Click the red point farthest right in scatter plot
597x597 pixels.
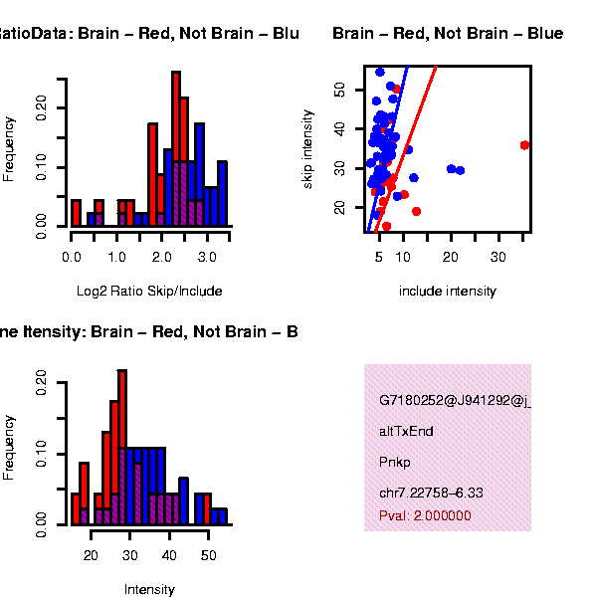525,145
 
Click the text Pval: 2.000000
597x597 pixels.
425,515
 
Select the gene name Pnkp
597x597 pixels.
395,463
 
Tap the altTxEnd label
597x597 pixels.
406,432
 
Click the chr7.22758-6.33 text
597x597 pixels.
428,493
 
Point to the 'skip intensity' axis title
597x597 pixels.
309,148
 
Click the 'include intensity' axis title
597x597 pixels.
447,292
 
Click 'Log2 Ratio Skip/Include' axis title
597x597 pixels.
149,292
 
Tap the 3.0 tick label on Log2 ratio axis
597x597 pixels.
207,257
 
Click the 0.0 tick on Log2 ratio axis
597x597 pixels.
72,257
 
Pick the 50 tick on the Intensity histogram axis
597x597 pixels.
208,554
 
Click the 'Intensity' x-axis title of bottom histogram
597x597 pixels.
149,590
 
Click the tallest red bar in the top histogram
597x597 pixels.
176,149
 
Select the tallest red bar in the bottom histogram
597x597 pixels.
122,446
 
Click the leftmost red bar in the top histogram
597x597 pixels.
76,213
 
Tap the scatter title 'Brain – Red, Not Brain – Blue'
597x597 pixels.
448,34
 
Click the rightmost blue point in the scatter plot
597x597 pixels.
460,170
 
